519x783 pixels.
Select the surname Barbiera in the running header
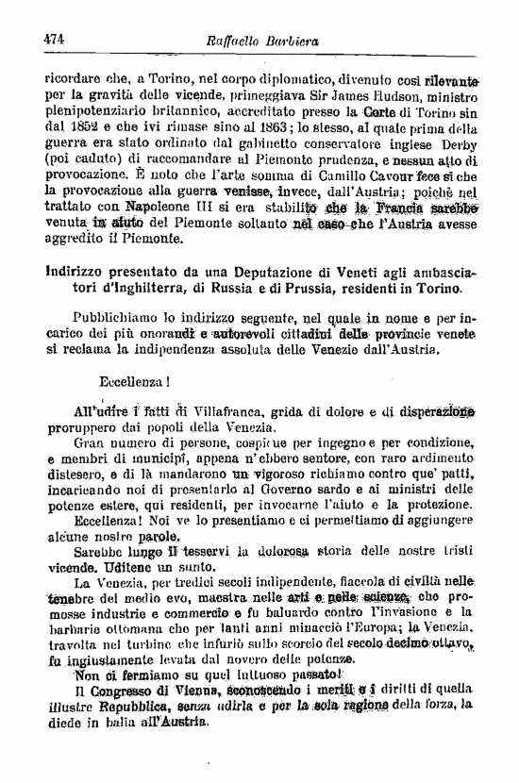(296, 41)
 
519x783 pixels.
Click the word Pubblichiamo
(123, 319)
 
